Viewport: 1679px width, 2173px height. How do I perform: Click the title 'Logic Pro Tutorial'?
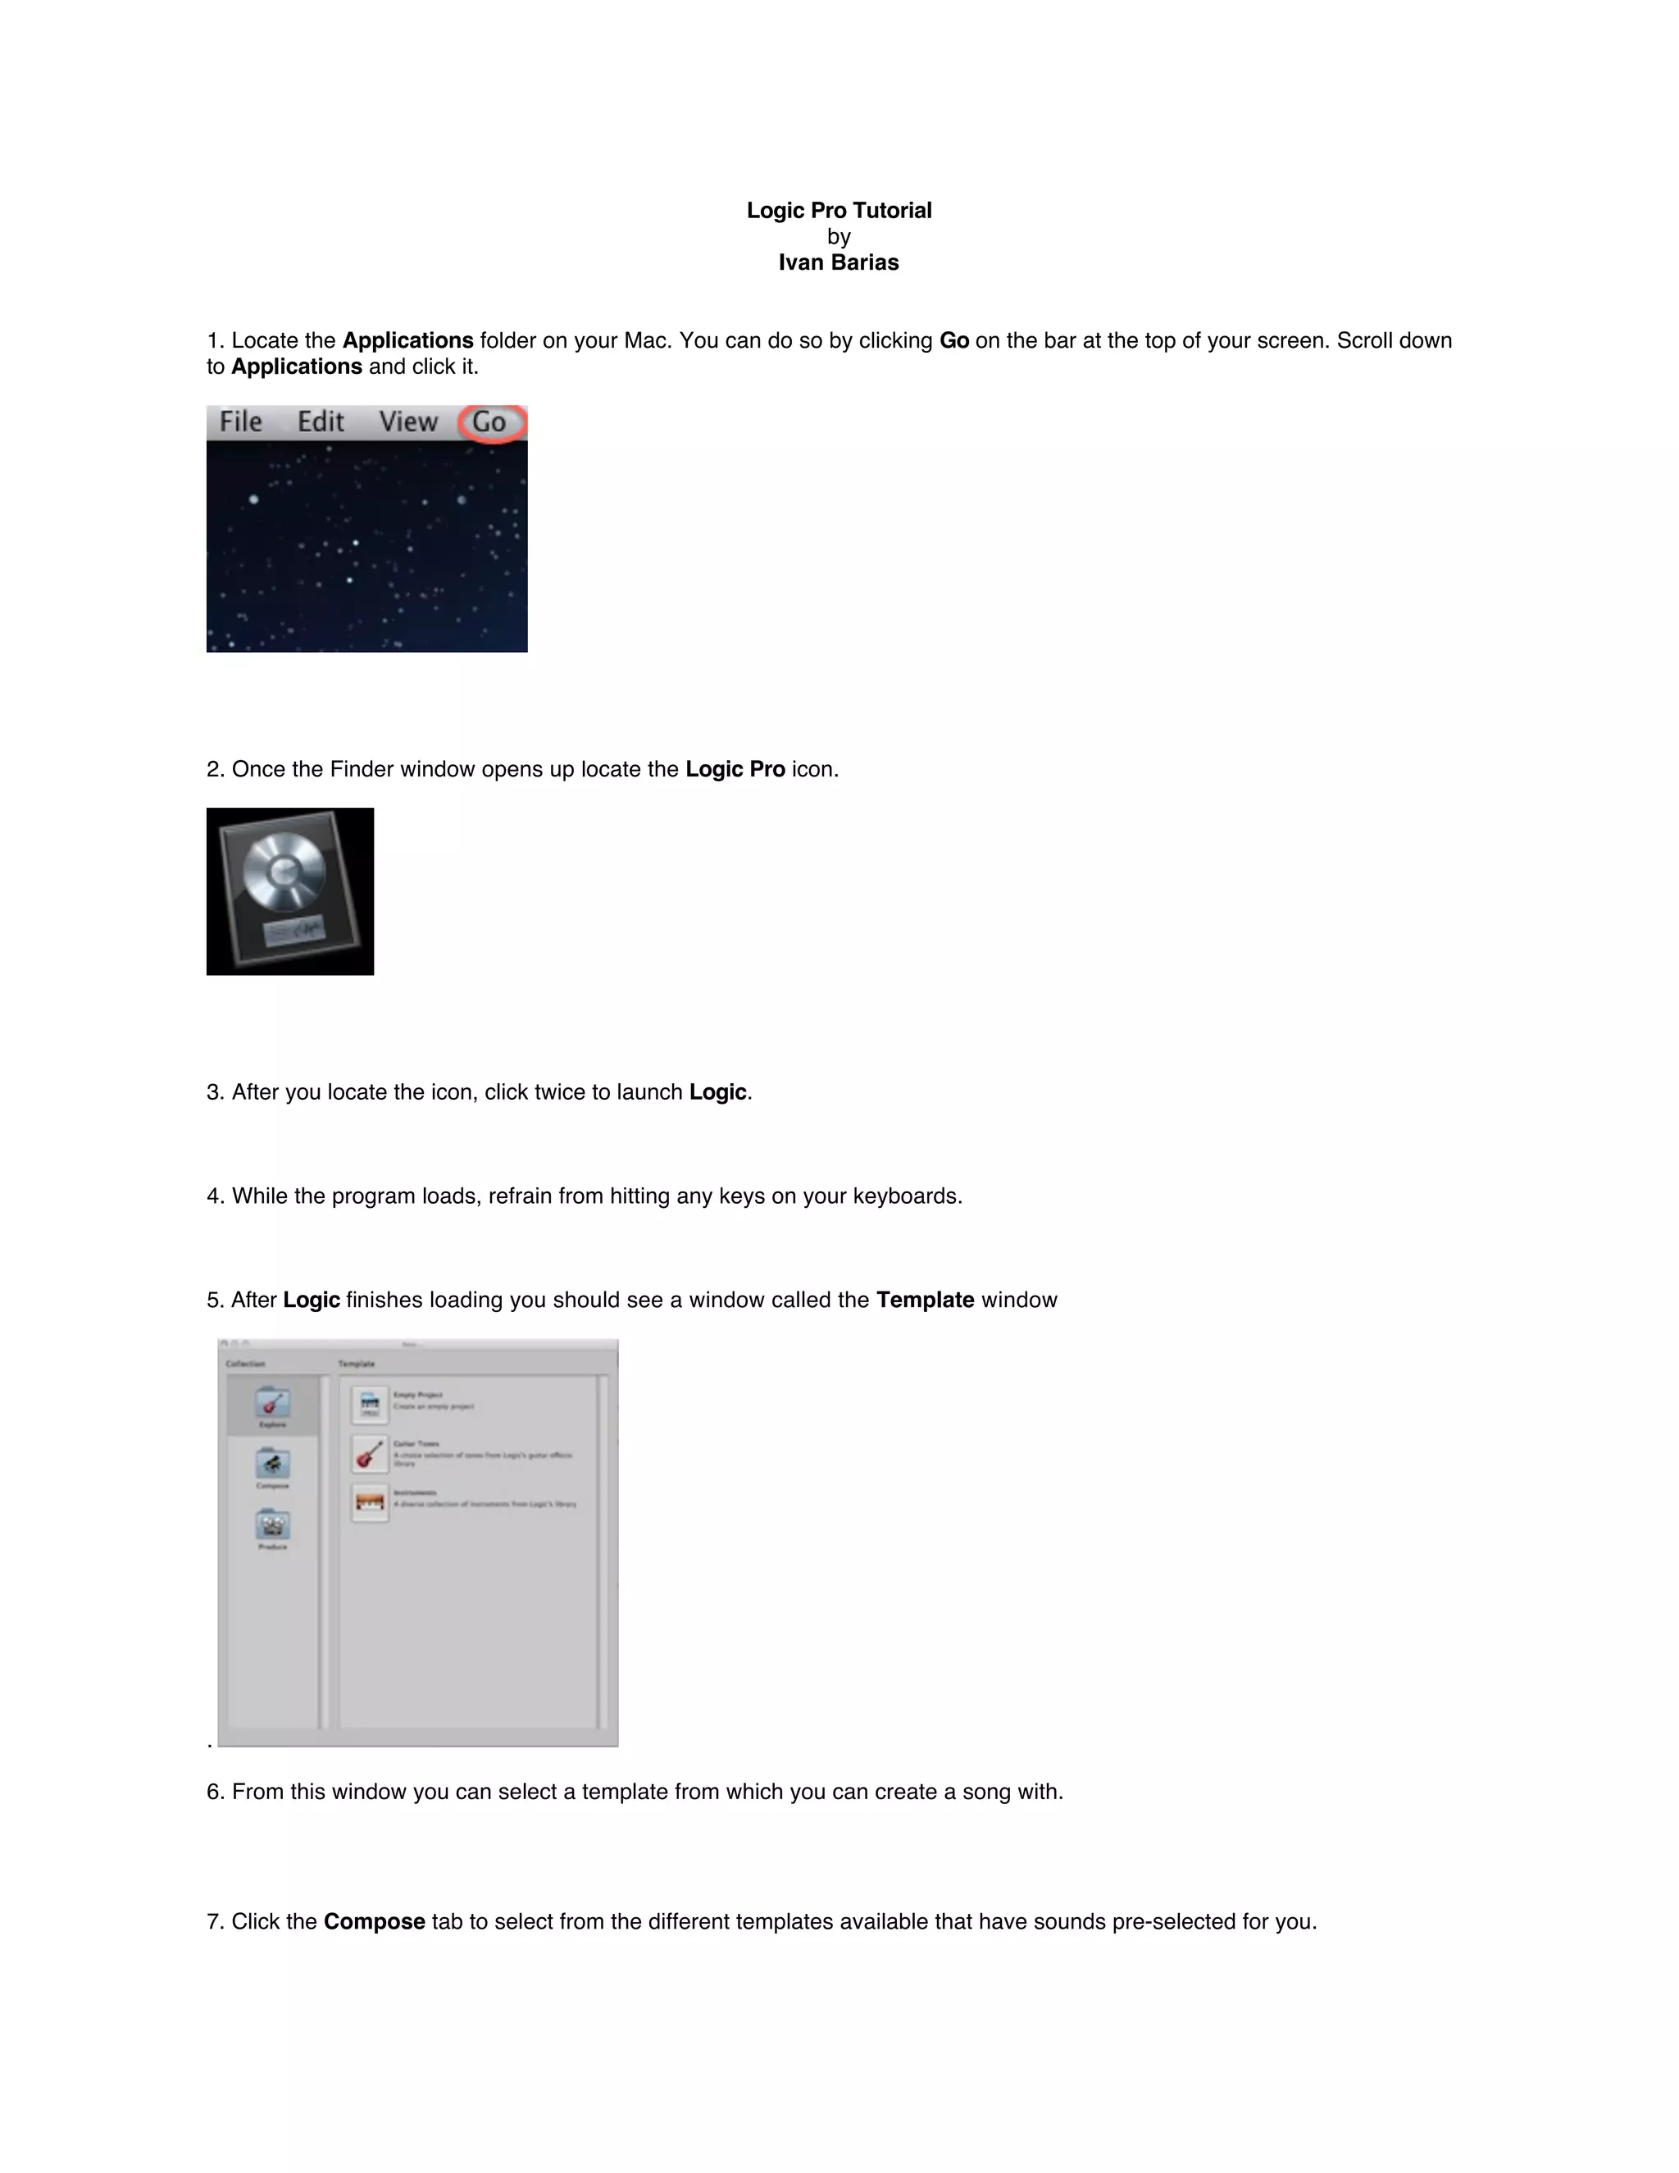click(839, 210)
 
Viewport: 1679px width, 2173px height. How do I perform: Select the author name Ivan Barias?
click(839, 262)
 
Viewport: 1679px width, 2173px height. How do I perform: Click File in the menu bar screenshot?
click(241, 421)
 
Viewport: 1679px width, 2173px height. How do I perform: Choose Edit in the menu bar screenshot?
click(321, 421)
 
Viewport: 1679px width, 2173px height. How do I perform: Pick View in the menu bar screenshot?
click(407, 421)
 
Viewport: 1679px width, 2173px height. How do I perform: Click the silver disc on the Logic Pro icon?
click(284, 872)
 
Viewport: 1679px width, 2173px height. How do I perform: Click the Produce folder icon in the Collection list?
click(272, 1525)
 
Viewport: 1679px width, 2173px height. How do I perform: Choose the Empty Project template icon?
click(370, 1405)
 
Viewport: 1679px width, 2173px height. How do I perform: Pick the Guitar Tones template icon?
click(370, 1454)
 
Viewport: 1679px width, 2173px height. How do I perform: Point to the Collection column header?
click(246, 1363)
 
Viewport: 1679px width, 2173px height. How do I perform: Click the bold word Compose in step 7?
click(374, 1921)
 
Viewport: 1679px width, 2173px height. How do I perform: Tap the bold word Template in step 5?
click(924, 1300)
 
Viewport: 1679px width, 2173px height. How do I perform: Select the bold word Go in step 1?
click(954, 340)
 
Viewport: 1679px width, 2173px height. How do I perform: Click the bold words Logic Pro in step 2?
click(735, 769)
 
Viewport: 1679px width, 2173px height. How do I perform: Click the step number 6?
click(213, 1792)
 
